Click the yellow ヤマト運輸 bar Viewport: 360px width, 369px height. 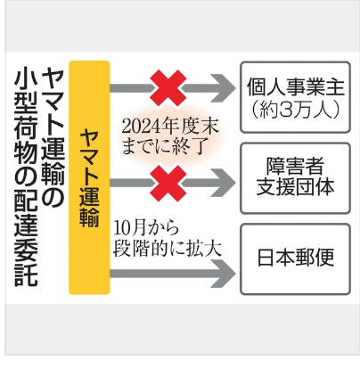(x=89, y=177)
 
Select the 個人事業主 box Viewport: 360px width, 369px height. (x=295, y=97)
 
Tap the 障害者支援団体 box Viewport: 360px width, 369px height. (x=295, y=178)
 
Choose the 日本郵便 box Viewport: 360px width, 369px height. (x=295, y=259)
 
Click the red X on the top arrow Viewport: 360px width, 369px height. (x=168, y=88)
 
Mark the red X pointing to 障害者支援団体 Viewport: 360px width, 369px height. (x=168, y=184)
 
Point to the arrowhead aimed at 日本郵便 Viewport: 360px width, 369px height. (x=224, y=274)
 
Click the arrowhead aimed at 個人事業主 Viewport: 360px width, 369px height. (x=224, y=88)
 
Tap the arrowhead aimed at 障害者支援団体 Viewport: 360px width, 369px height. (x=224, y=183)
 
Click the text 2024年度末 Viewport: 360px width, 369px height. (x=170, y=127)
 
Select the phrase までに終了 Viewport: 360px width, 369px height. (x=164, y=146)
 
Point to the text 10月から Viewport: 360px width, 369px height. (x=146, y=228)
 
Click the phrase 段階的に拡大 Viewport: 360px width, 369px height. (x=168, y=249)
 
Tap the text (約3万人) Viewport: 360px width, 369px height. (x=295, y=110)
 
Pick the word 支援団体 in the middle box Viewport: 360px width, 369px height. (x=295, y=187)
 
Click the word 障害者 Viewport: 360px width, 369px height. (x=295, y=166)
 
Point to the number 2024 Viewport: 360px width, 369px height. (x=139, y=127)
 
